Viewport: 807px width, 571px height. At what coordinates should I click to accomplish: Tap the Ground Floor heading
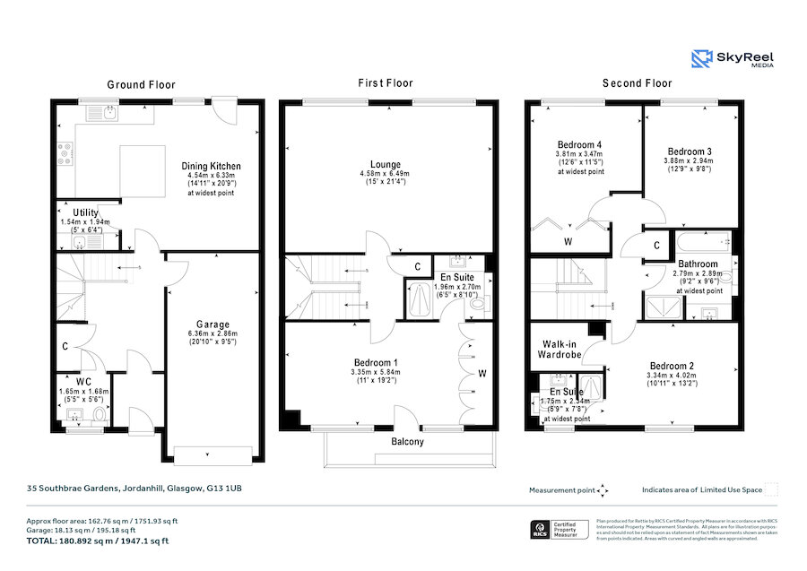tap(140, 84)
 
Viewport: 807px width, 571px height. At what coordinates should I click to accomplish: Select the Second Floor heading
tap(636, 83)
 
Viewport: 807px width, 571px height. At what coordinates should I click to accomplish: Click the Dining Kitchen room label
tap(212, 166)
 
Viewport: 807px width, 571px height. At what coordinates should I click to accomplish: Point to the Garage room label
tap(213, 324)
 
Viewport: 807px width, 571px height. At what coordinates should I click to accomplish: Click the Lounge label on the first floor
tap(386, 164)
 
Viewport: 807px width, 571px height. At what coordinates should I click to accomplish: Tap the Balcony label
tap(407, 442)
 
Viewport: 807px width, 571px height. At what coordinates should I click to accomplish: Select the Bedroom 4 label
tap(579, 145)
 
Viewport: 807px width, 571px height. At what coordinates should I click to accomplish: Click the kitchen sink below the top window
tap(108, 114)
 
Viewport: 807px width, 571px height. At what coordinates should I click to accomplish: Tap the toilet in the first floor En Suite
tap(477, 305)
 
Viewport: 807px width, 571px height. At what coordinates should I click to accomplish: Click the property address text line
tap(134, 489)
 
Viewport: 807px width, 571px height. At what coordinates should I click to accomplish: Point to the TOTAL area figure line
tap(98, 541)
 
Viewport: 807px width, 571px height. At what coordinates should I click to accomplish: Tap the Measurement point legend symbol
tap(603, 490)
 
